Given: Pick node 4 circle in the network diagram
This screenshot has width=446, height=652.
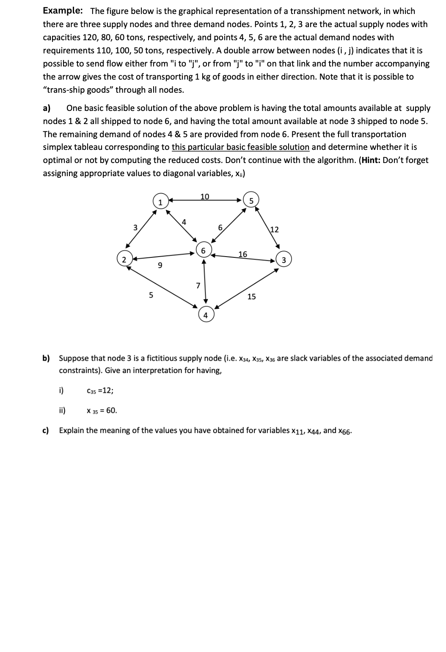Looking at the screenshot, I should [205, 315].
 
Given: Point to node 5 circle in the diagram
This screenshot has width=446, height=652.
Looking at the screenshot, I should [251, 201].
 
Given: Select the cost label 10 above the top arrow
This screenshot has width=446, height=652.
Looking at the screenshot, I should [204, 196].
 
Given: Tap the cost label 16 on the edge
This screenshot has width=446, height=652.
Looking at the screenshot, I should [242, 254].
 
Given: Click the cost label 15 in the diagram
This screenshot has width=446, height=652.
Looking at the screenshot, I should [251, 296].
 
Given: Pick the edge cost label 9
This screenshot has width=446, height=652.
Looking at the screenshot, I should [160, 266].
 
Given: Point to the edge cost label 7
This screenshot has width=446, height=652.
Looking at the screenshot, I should [198, 285].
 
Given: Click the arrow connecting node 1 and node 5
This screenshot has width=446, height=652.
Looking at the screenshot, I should [205, 200].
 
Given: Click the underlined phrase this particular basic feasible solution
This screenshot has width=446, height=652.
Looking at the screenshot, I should [240, 147].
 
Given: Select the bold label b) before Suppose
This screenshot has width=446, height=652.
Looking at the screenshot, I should [46, 358].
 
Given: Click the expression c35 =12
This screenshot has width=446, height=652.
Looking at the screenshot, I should [99, 391].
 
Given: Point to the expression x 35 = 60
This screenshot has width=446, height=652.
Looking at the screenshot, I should [102, 410].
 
